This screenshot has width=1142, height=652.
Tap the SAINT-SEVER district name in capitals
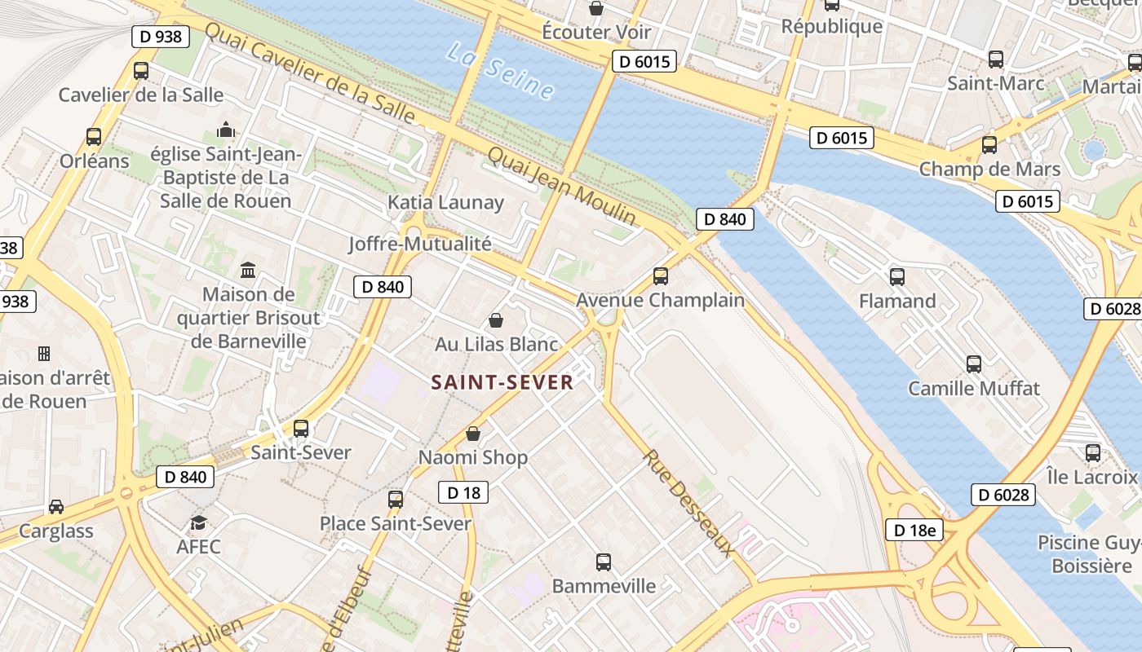point(502,382)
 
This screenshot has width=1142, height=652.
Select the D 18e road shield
point(914,531)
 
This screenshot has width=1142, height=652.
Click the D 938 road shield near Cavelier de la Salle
point(161,36)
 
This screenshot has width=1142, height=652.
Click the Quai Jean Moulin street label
point(562,186)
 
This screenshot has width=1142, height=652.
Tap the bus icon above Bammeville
point(604,562)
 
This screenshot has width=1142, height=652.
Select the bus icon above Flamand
point(897,276)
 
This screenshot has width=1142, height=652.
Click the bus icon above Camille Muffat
point(974,363)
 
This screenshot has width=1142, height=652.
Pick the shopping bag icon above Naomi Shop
point(473,434)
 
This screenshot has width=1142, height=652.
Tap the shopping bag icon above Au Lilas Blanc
point(495,320)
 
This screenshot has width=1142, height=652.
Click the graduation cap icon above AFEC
point(198,522)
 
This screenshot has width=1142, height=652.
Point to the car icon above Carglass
point(56,507)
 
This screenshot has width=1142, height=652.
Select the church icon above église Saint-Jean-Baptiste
point(225,130)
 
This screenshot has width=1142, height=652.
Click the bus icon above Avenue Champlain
point(661,275)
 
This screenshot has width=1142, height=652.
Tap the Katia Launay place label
point(445,202)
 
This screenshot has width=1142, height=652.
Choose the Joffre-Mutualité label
point(420,244)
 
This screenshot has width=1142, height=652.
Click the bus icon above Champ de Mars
point(989,145)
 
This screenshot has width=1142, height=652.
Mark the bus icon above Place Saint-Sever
point(396,499)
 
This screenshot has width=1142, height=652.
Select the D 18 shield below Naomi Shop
point(463,492)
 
